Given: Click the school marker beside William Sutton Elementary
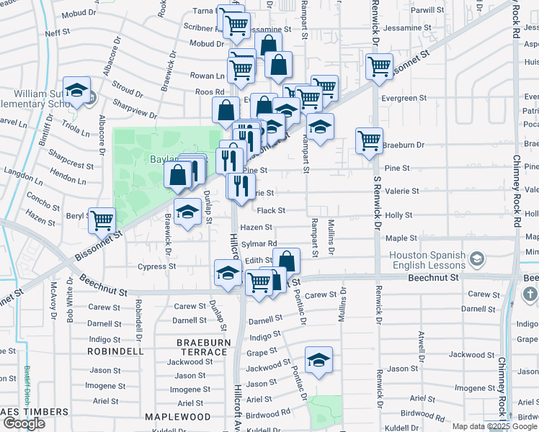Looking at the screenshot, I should [76, 91].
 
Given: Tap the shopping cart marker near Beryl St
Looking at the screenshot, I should [102, 220].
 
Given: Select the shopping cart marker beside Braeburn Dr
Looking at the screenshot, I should [369, 140].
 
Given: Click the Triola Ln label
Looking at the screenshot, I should [75, 128].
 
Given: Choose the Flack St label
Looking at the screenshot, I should [271, 211].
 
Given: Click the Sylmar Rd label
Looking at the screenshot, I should [259, 244].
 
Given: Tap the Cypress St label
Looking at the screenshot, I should [156, 266].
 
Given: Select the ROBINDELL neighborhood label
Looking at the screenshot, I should [115, 351].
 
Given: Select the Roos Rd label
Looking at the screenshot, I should [210, 92].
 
